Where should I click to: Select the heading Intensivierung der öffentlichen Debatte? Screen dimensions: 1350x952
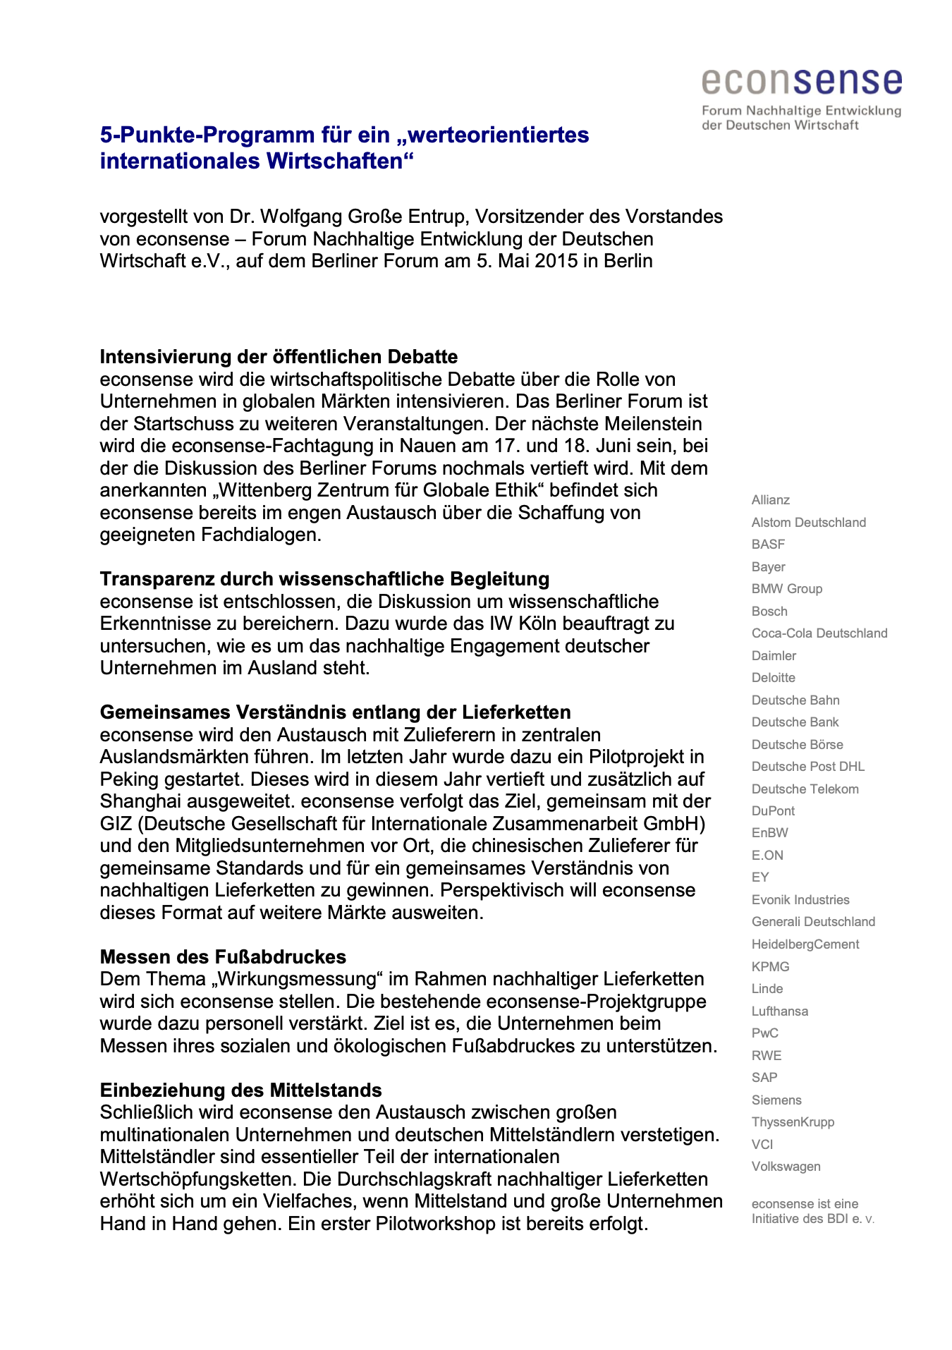pos(279,356)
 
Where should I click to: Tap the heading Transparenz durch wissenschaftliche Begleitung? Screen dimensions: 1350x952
pos(324,579)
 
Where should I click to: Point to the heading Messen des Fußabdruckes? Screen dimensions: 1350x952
pos(223,957)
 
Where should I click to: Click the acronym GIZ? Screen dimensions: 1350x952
pos(115,824)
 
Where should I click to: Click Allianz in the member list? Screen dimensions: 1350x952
pos(770,500)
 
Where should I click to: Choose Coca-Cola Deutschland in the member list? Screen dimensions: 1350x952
pos(819,633)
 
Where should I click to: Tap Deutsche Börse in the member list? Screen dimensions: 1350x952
pos(797,745)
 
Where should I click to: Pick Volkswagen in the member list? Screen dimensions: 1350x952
pos(786,1167)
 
